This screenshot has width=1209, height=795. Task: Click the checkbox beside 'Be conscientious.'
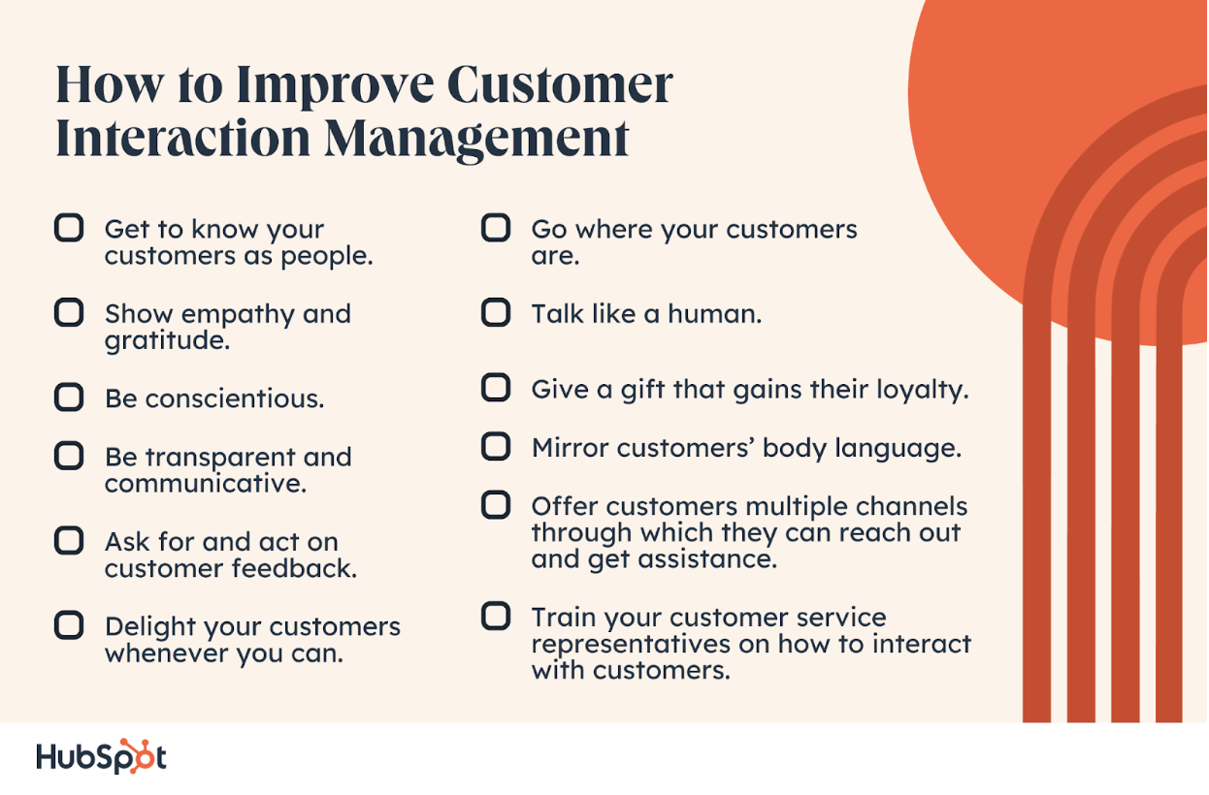(x=69, y=397)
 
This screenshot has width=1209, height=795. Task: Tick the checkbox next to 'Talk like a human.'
(x=496, y=312)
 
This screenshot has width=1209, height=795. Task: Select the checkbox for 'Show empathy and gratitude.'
(x=69, y=313)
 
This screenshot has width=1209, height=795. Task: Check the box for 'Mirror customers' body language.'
(x=496, y=447)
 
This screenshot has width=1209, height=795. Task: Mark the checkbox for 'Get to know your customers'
(x=69, y=229)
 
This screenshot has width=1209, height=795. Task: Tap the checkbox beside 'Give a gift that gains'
(x=496, y=389)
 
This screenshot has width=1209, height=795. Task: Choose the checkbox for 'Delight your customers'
(x=69, y=626)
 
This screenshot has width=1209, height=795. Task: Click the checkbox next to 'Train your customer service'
(x=496, y=616)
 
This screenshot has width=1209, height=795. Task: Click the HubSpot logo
(x=101, y=757)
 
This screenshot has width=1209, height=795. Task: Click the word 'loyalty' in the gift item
(x=918, y=390)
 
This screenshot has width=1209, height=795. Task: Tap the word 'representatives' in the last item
(x=627, y=644)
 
